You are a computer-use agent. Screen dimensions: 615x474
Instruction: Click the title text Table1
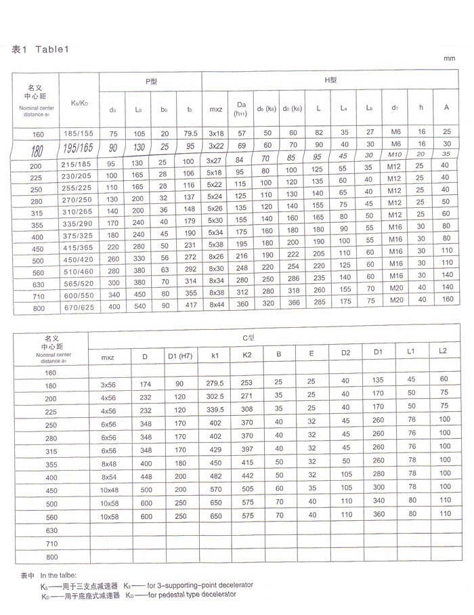49,49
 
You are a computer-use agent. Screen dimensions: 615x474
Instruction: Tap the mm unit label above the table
450,59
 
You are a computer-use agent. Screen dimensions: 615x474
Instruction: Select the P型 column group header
151,81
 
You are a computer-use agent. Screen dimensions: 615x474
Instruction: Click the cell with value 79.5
190,133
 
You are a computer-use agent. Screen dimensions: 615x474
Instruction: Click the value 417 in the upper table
190,307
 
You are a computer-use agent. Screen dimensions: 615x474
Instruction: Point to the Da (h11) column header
240,108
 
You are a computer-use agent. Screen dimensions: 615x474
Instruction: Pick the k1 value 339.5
215,410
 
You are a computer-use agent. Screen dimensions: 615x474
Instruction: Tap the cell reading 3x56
108,384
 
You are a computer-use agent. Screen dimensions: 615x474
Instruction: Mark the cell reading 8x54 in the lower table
108,475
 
